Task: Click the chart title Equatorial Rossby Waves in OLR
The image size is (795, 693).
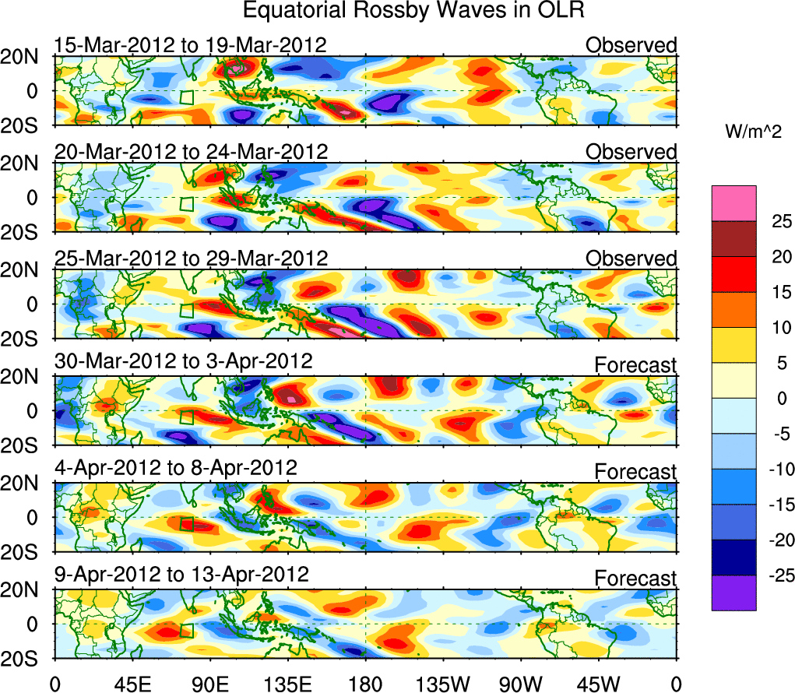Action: (413, 12)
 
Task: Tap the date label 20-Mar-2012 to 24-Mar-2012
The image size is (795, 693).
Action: (191, 151)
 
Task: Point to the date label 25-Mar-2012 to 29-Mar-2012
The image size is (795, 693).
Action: (191, 258)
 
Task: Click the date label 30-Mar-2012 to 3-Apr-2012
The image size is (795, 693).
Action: (183, 362)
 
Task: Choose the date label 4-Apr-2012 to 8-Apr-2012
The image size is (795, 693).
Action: (175, 469)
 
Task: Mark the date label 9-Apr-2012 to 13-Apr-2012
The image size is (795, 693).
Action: (181, 575)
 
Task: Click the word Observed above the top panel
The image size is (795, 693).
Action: (631, 45)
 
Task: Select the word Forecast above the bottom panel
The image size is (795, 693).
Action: (636, 578)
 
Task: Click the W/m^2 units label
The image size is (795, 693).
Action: (753, 133)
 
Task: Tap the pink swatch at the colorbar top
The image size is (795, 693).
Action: (733, 203)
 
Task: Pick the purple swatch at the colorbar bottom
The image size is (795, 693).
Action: (733, 593)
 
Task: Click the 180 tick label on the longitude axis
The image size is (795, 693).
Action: (365, 684)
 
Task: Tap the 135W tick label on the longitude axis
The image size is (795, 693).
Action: (442, 684)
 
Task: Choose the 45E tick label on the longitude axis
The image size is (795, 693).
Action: (132, 684)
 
